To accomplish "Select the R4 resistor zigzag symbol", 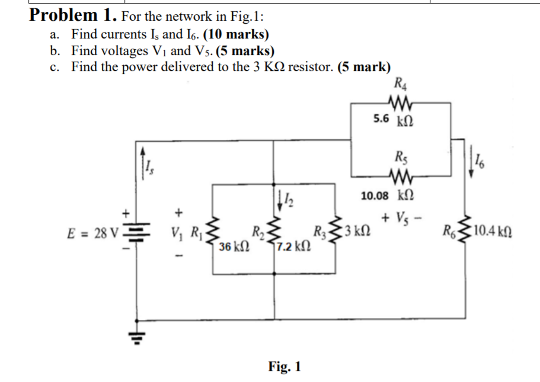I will [x=394, y=102].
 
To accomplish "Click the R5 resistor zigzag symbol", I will [x=394, y=176].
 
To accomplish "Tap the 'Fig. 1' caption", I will [x=285, y=367].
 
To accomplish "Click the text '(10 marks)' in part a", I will [x=235, y=34].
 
